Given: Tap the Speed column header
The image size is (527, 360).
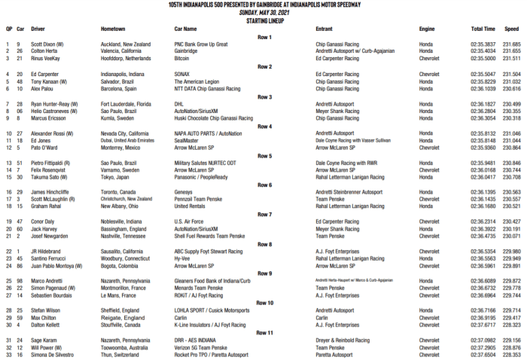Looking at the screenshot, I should [511, 29].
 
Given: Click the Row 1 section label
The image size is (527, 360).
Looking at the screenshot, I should [264, 37].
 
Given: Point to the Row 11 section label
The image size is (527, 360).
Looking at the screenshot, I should [264, 332].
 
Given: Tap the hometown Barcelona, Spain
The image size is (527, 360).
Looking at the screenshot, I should [122, 88].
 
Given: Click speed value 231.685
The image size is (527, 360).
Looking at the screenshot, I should [511, 44].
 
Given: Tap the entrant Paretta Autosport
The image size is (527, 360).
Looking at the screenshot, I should [337, 355].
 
